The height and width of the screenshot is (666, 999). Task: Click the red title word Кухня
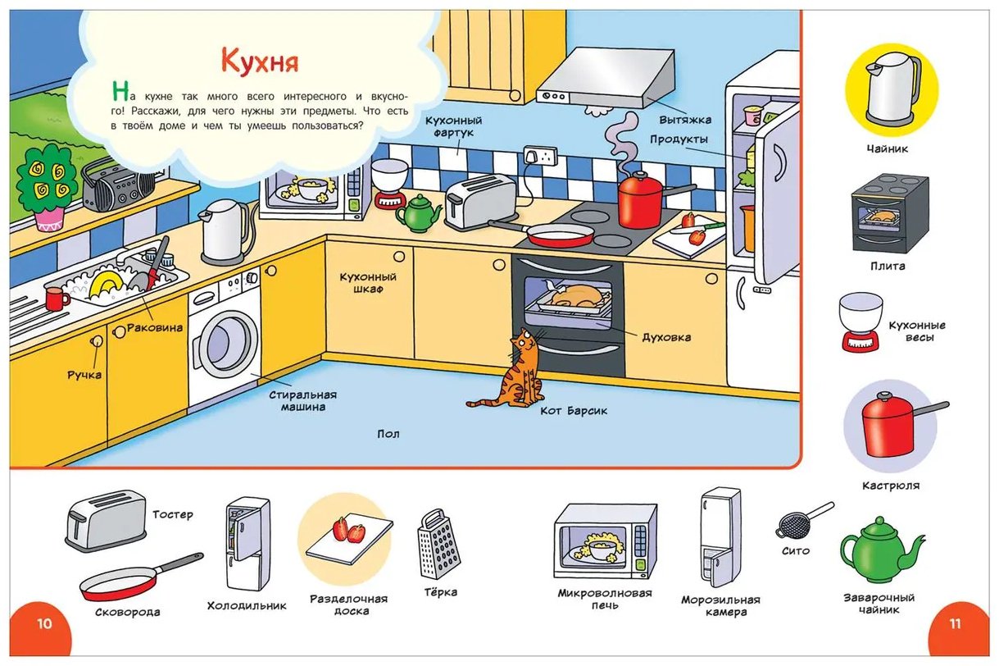click(260, 62)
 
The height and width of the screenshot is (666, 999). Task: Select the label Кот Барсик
click(574, 411)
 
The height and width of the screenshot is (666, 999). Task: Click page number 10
click(44, 623)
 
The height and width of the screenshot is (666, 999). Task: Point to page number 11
click(955, 623)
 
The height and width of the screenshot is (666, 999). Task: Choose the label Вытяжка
click(685, 120)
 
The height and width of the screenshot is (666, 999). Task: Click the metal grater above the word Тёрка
click(438, 544)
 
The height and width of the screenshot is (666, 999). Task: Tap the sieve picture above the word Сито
click(803, 521)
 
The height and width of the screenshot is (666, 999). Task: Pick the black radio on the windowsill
click(117, 186)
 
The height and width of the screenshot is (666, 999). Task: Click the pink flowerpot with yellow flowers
click(50, 219)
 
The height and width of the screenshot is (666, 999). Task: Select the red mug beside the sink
click(57, 299)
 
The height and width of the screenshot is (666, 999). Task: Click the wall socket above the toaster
click(540, 156)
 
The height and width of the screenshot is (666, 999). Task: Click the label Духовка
click(666, 337)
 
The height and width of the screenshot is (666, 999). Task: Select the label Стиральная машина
click(303, 401)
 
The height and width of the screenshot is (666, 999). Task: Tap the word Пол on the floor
click(388, 434)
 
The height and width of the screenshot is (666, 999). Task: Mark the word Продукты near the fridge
click(679, 139)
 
